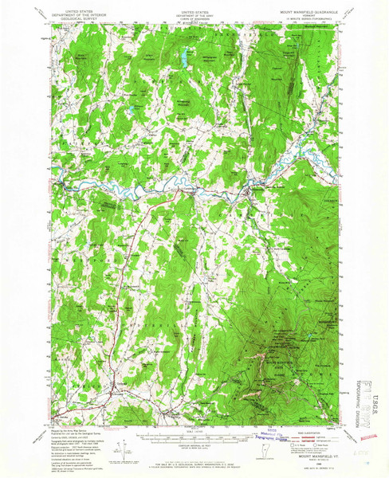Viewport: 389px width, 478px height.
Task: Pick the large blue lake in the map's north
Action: coord(184,58)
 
